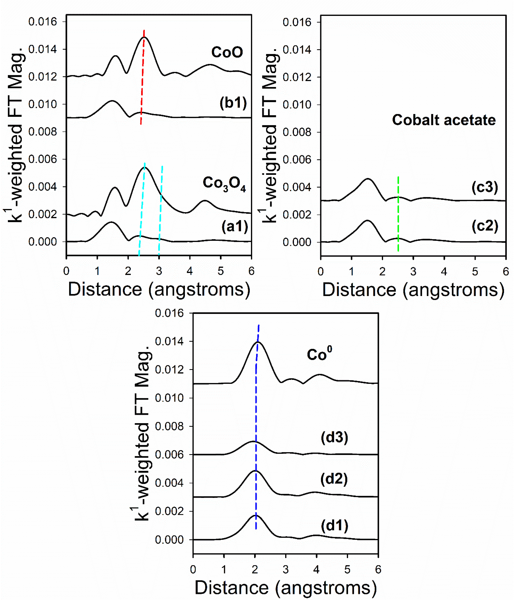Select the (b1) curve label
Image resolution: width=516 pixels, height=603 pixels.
[x=233, y=103]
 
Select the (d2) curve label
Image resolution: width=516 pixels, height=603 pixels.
[x=334, y=479]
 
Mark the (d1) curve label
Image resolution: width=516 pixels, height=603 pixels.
[x=334, y=526]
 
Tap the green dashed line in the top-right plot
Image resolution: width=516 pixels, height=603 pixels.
[x=398, y=215]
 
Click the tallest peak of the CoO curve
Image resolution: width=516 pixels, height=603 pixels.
[x=144, y=38]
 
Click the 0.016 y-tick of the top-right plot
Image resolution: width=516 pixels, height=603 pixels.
[x=297, y=22]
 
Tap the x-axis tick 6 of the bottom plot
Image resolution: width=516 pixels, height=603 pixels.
[x=378, y=570]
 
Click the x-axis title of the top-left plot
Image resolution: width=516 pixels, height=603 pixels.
[x=159, y=290]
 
